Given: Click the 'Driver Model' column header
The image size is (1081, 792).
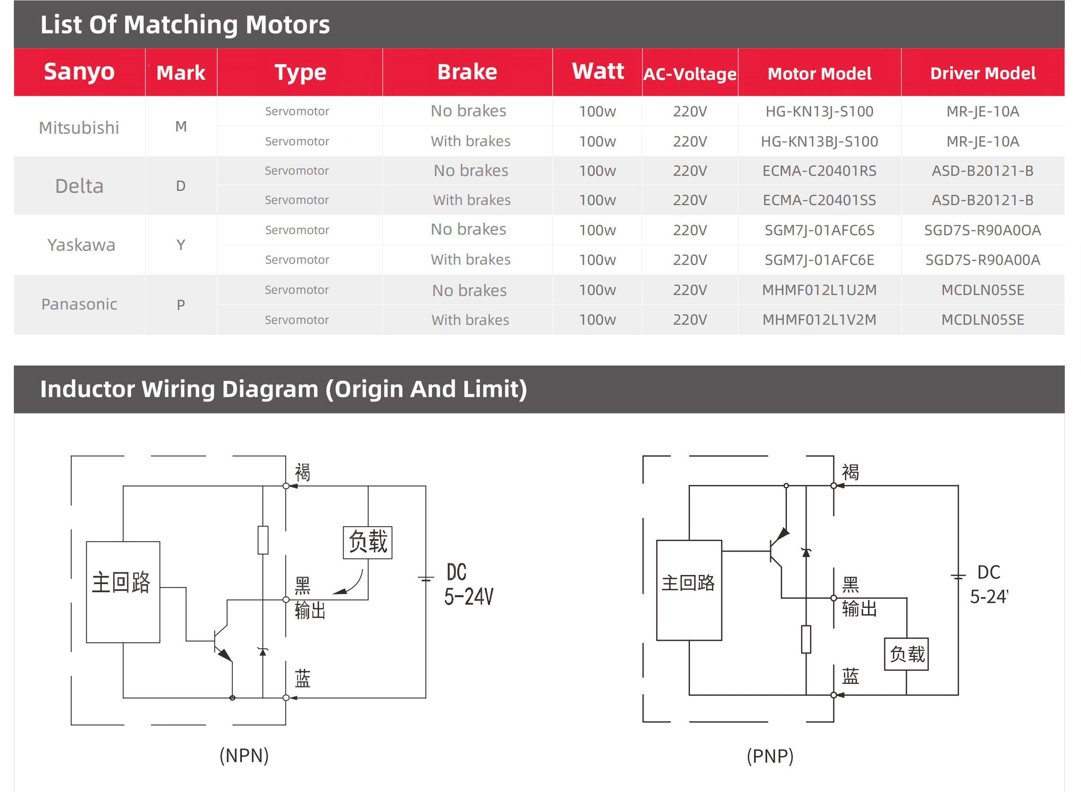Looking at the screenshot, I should click(982, 73).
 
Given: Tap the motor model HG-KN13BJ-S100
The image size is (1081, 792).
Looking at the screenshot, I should click(819, 141).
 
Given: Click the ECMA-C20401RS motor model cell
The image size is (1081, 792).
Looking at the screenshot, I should click(819, 171).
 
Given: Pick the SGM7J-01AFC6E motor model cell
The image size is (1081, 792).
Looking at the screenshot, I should click(819, 260).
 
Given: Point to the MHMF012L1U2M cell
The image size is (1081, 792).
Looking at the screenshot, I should click(819, 290).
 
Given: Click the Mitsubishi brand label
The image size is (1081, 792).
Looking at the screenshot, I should click(79, 128).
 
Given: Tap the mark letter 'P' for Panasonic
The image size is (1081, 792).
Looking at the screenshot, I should click(180, 305).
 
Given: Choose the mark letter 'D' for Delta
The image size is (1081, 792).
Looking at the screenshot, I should click(180, 186).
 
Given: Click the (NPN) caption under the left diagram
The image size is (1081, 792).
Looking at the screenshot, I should click(244, 756).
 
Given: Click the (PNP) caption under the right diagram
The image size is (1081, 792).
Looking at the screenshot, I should click(770, 756).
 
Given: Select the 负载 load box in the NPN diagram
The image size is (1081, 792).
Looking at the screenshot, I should click(367, 542).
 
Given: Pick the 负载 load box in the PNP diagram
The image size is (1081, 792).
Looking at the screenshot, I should click(906, 654).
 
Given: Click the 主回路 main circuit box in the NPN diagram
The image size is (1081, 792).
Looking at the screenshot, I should click(123, 592).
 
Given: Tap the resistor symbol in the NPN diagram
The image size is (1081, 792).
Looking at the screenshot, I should click(262, 540).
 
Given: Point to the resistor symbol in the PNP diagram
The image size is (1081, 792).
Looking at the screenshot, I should click(806, 639).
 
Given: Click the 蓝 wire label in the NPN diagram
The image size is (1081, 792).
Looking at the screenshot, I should click(302, 678).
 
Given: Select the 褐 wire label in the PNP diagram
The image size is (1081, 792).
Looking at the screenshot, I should click(851, 472).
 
